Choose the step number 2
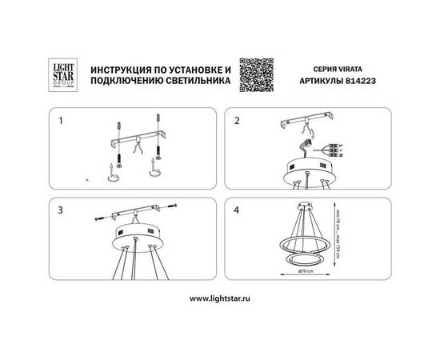(237, 122)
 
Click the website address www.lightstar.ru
(220, 298)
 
